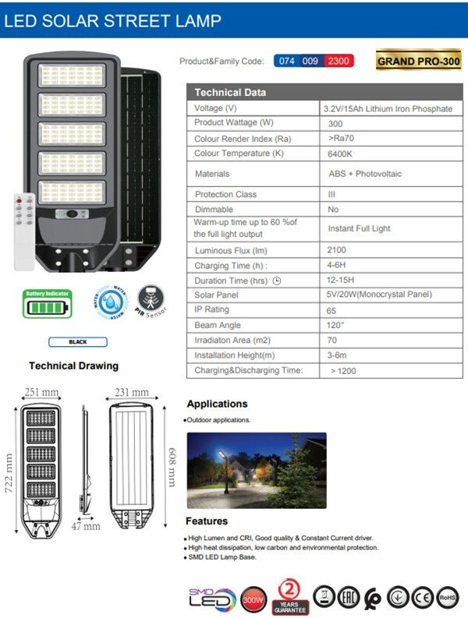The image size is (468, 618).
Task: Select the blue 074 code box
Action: tap(287, 61)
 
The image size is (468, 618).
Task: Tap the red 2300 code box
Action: tap(339, 61)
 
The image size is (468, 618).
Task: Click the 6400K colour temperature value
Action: tap(340, 154)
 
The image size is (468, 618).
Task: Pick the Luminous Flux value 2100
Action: tap(338, 250)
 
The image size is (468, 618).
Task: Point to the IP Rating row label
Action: tap(211, 310)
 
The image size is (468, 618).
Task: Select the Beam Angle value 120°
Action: tap(336, 325)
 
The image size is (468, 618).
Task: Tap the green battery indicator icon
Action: tap(48, 303)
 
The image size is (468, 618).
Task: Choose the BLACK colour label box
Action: tap(77, 341)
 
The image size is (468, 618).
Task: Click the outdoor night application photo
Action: tap(256, 470)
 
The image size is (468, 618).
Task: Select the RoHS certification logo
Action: tap(448, 596)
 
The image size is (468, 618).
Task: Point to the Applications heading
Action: tap(217, 404)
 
